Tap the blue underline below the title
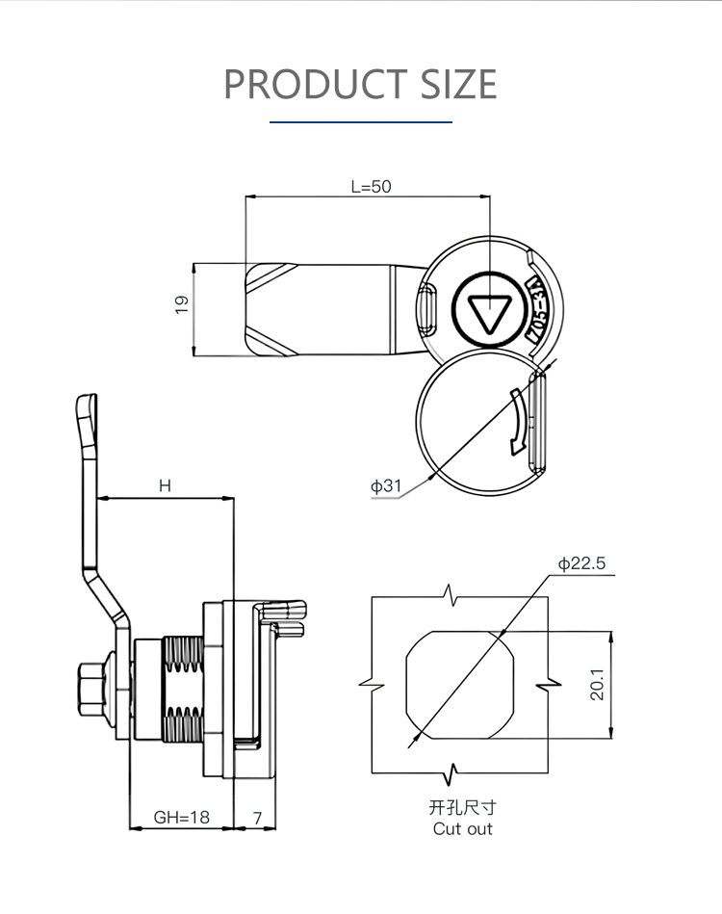point(361,122)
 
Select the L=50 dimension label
point(371,187)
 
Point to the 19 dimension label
point(182,304)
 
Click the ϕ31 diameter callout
point(386,485)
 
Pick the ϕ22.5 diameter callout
point(581,564)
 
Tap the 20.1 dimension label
point(597,684)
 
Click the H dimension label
point(165,486)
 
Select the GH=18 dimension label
point(181,818)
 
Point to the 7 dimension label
point(257,818)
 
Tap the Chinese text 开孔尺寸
point(462,807)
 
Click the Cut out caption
point(462,828)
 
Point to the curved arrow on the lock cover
point(518,422)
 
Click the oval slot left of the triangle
point(428,312)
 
